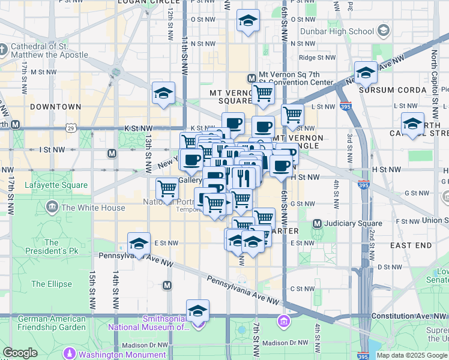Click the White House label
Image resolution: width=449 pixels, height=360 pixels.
tap(93, 208)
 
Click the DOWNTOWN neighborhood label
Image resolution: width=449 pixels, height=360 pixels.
tap(56, 107)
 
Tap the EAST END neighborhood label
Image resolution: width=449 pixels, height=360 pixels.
tap(411, 245)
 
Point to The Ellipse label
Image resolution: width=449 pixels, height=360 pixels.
tap(52, 284)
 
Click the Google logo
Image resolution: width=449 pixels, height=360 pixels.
tap(20, 353)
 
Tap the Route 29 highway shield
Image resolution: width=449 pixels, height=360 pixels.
tap(71, 128)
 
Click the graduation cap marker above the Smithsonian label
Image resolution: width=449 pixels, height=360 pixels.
tap(197, 311)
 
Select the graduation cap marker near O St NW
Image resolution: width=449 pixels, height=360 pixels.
tap(248, 21)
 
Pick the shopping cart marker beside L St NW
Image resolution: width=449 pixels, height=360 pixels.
tap(292, 114)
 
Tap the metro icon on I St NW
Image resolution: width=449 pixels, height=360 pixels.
tap(112, 153)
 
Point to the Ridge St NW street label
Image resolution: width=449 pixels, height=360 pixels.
tap(316, 58)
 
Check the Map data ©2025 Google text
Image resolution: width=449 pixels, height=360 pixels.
tap(411, 355)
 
